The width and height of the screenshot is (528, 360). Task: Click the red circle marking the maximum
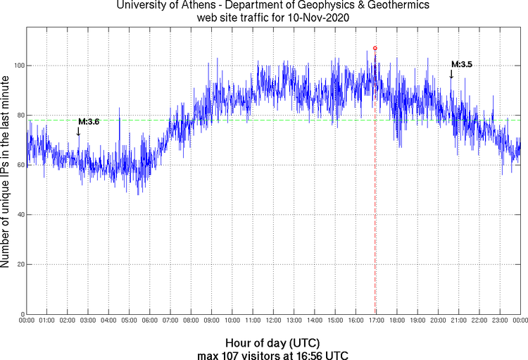(375, 48)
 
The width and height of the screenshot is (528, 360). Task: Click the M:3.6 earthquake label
(89, 121)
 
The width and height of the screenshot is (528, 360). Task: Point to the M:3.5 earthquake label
(461, 64)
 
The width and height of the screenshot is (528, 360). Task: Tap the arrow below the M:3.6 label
(78, 131)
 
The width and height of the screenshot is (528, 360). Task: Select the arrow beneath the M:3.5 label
(451, 74)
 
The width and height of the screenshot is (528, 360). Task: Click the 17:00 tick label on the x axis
(376, 321)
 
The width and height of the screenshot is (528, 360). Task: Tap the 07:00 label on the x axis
(170, 321)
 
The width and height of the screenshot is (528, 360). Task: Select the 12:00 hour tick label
(273, 321)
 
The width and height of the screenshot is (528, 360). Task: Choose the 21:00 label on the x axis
(458, 321)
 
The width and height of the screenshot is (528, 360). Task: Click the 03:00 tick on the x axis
(88, 321)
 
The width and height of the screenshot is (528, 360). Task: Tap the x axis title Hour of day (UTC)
(273, 342)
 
